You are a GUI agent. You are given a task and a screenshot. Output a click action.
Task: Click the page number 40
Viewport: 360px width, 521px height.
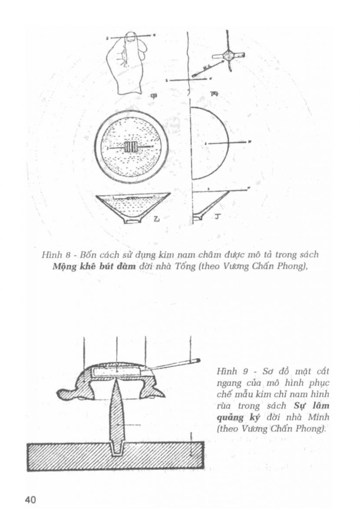point(30,500)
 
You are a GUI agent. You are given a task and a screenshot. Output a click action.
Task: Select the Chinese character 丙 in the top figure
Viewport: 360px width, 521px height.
point(214,92)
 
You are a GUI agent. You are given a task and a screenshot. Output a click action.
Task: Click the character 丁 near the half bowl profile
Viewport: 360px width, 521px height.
point(216,214)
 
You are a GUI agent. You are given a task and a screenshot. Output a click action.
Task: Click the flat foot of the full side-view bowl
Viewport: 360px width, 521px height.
point(133,221)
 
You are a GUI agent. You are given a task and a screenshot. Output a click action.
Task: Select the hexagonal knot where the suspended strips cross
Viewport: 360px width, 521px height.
point(228,55)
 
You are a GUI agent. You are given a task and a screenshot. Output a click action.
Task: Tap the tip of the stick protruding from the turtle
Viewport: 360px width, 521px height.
point(198,360)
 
